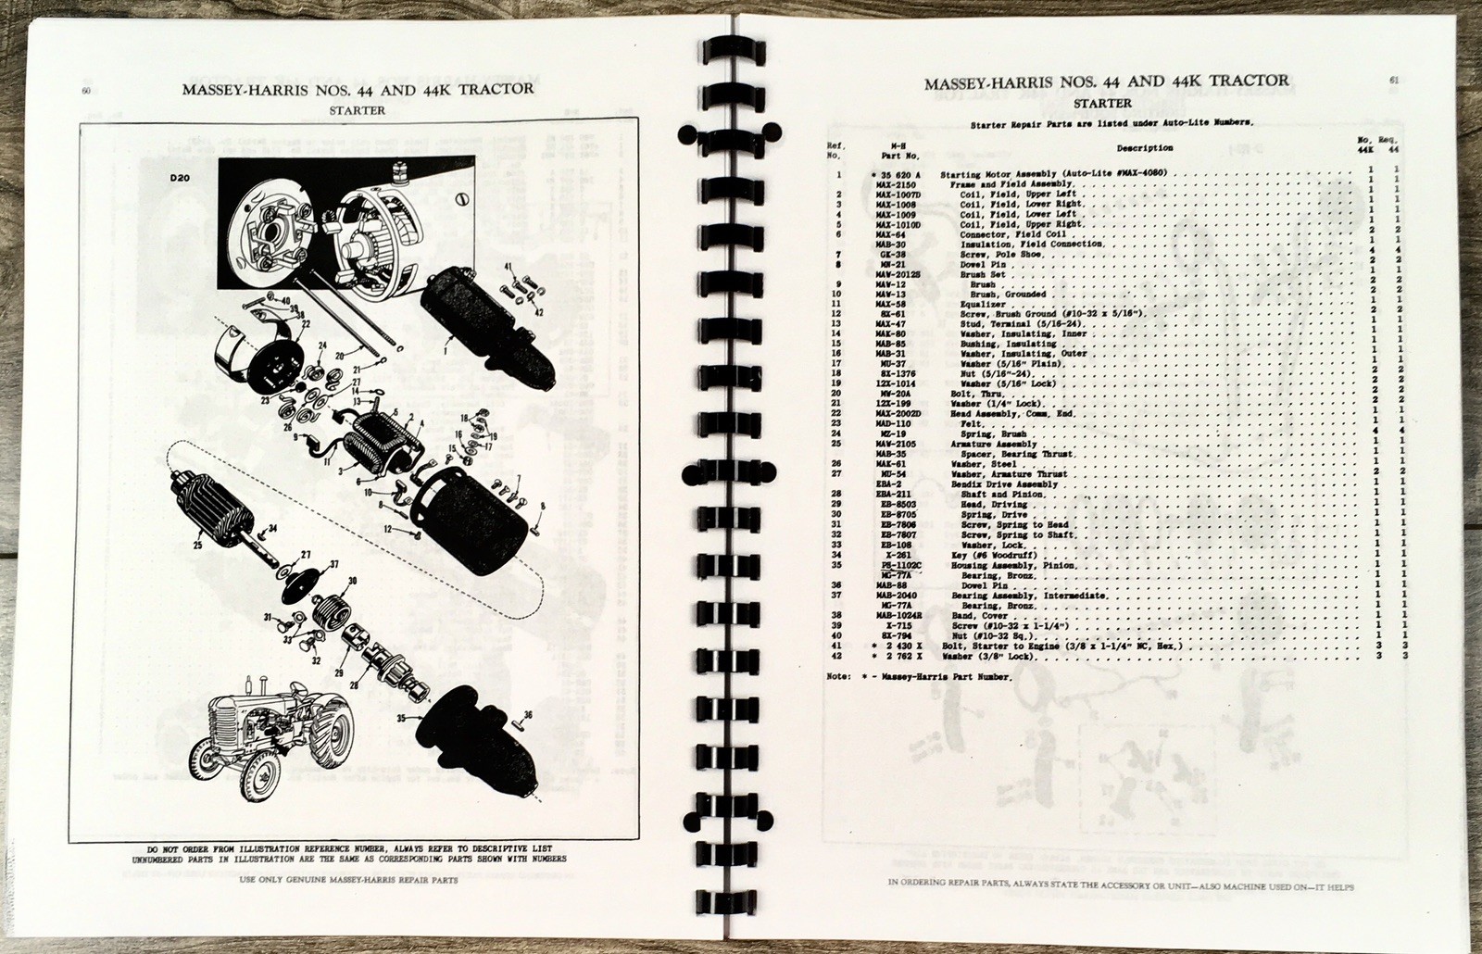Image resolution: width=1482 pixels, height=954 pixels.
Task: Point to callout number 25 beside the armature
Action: tap(197, 546)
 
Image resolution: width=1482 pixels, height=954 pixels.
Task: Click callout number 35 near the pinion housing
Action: tap(401, 717)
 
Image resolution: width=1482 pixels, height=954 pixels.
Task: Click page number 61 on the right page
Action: tap(1394, 80)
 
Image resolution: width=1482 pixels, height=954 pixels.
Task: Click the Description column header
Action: tap(1144, 147)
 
